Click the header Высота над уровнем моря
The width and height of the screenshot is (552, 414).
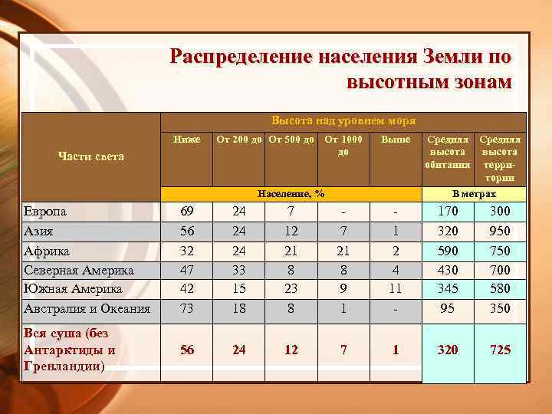(x=343, y=121)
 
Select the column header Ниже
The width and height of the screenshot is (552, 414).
(x=187, y=140)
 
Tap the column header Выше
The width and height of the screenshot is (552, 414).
(x=396, y=140)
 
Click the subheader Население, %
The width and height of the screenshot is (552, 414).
(x=291, y=195)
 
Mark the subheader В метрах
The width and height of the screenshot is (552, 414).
(x=474, y=195)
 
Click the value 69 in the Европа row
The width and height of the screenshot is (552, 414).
(x=186, y=212)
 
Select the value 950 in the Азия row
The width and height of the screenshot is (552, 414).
(x=500, y=231)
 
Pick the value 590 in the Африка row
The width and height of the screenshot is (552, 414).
(x=448, y=251)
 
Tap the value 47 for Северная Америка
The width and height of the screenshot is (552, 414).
(x=186, y=270)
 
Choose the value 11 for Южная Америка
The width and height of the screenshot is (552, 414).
(x=396, y=289)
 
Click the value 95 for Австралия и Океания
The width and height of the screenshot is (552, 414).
(x=448, y=309)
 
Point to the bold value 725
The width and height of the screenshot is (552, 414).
(x=500, y=350)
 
